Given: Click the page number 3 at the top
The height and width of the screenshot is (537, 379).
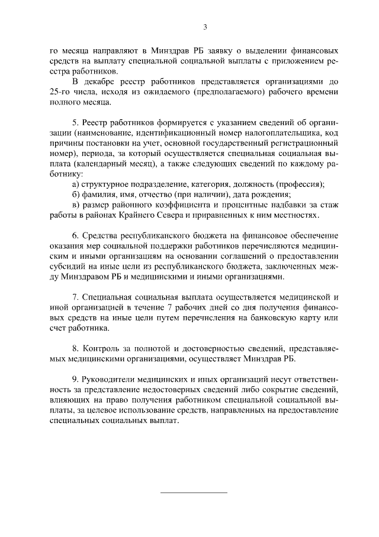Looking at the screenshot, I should (204, 27).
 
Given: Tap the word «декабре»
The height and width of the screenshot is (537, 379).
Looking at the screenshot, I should (101, 81).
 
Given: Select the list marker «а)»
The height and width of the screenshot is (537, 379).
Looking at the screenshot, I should (76, 183).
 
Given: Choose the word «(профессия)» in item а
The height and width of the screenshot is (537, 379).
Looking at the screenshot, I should (300, 183).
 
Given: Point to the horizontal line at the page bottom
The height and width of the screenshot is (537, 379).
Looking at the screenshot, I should (194, 492).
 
